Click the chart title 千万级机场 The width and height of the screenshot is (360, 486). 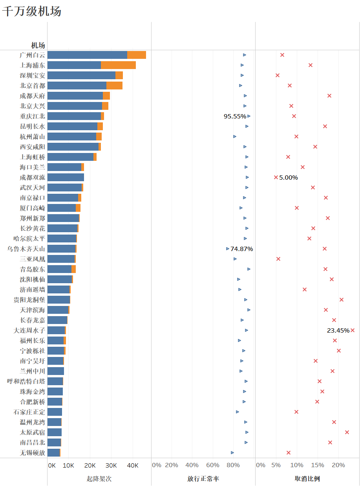32,11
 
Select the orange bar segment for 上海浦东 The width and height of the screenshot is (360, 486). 118,65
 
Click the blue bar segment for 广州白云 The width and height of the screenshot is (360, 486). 87,55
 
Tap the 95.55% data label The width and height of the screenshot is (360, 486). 235,116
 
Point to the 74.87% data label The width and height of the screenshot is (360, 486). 242,249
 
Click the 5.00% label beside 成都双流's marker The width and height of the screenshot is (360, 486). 289,177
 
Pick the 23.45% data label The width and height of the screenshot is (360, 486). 338,330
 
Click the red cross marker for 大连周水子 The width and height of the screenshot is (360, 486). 353,330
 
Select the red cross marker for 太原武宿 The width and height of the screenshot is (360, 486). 347,432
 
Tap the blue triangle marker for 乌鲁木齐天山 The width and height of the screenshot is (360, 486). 228,249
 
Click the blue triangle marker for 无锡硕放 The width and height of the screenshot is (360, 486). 232,453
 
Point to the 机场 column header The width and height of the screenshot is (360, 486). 38,45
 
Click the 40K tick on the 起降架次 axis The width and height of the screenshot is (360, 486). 132,465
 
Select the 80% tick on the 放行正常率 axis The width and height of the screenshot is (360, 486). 233,465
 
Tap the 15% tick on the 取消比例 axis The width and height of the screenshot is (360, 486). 318,465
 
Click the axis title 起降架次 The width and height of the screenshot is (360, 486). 99,479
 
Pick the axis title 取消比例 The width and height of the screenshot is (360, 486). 307,479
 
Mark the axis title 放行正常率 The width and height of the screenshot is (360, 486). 203,479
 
